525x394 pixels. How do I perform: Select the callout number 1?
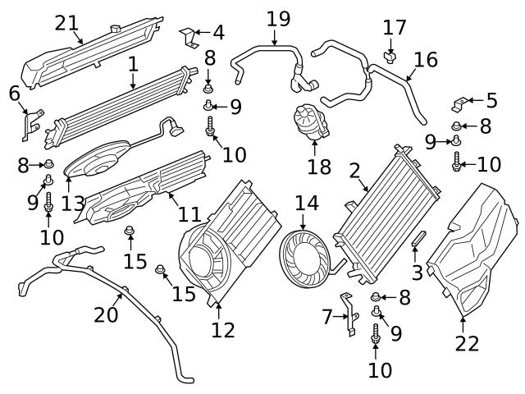(x=133, y=62)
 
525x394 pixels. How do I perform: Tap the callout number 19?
(x=278, y=17)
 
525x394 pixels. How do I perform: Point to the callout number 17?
(x=395, y=27)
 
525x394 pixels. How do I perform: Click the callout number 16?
(x=426, y=59)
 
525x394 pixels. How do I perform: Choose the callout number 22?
(x=467, y=344)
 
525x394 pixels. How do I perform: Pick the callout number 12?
(x=222, y=330)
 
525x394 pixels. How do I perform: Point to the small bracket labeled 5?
(x=460, y=103)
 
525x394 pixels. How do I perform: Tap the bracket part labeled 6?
(x=31, y=123)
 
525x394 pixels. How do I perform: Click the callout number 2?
(x=354, y=171)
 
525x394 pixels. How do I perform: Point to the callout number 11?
(x=189, y=215)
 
